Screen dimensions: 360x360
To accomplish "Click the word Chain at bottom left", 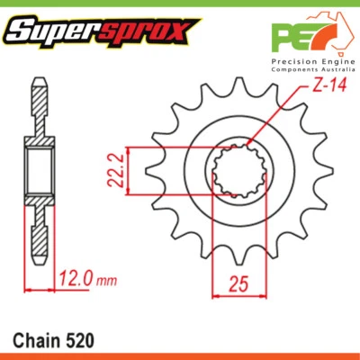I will coord(35,341).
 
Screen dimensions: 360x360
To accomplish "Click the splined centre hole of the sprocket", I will coord(238,170).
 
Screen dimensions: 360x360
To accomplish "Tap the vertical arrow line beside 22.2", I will coord(130,168).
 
